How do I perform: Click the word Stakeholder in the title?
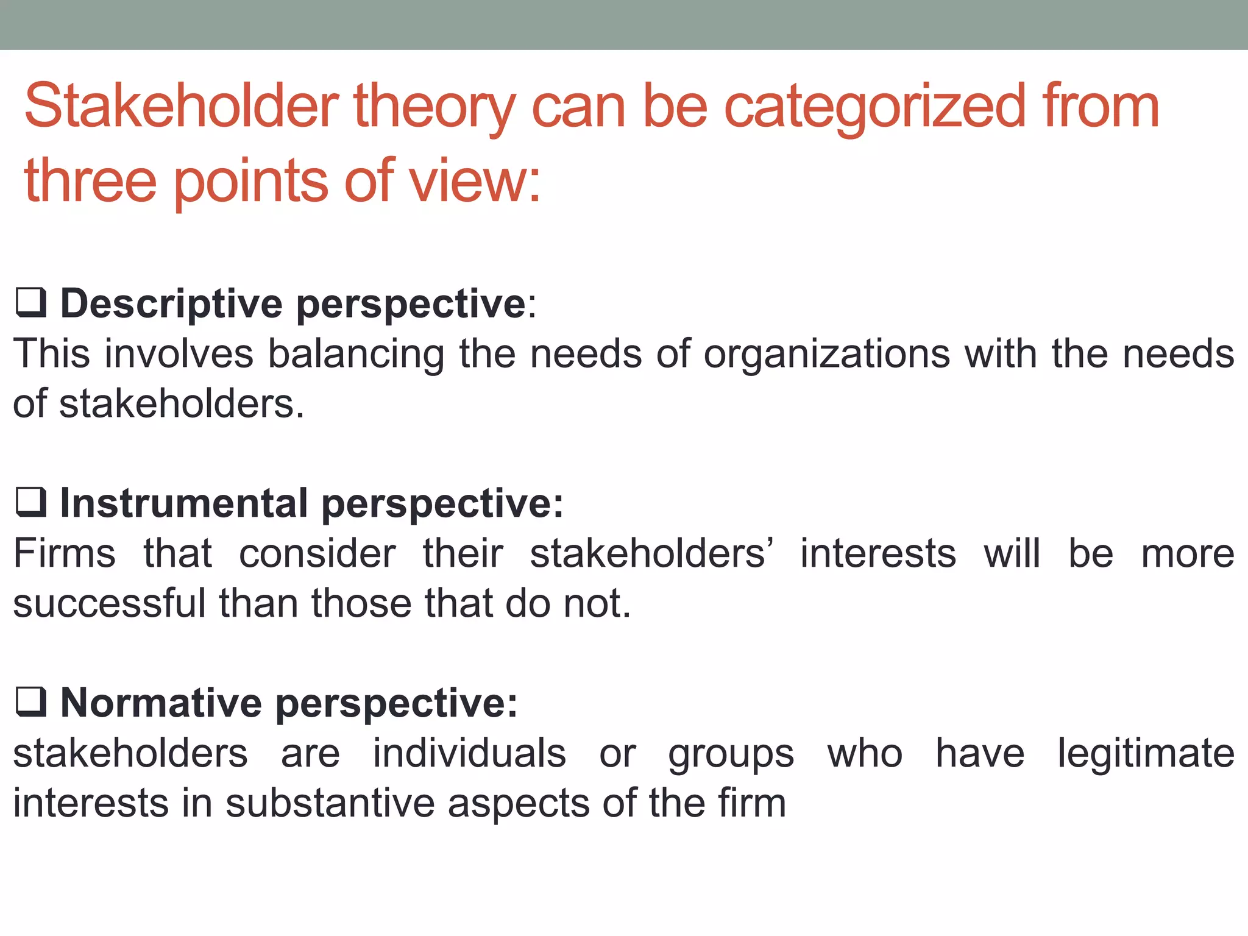[181, 107]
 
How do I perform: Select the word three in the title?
[90, 181]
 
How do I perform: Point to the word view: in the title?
[474, 181]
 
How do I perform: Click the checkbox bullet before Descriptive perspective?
[31, 303]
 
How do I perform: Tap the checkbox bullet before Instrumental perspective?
[31, 503]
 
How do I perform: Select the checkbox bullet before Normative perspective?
[31, 702]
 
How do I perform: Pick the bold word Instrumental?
[183, 503]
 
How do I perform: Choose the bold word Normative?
[161, 703]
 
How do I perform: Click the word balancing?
[356, 355]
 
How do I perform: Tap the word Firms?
[65, 553]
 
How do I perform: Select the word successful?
[109, 603]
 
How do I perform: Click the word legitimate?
[1146, 754]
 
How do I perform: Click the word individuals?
[469, 753]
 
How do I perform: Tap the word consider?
[317, 553]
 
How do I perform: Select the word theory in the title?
[434, 108]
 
